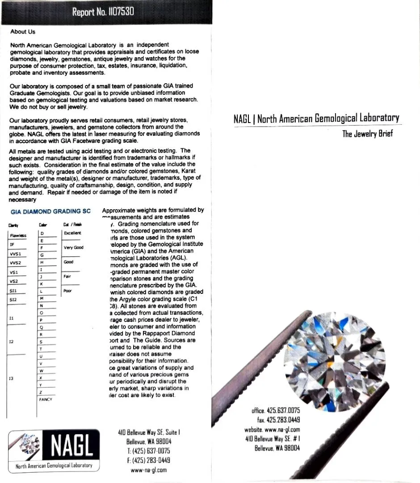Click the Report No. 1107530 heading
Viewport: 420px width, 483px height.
[x=103, y=12]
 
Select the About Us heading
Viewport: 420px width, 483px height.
[x=23, y=32]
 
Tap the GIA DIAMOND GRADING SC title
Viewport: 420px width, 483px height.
[x=50, y=211]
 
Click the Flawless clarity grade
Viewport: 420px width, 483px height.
[x=18, y=235]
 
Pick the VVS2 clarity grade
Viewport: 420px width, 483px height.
[x=16, y=263]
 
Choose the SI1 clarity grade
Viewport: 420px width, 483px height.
[x=13, y=290]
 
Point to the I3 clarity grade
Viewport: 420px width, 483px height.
[x=12, y=378]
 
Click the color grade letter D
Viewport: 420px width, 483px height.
[x=42, y=233]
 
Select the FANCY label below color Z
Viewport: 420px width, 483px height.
[x=46, y=399]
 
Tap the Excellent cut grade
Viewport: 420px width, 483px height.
[x=72, y=233]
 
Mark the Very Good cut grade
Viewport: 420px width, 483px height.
[x=73, y=247]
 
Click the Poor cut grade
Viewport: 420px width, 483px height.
[x=67, y=291]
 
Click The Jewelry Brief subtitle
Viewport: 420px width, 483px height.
[x=367, y=134]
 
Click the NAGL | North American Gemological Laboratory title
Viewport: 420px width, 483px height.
[x=316, y=119]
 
